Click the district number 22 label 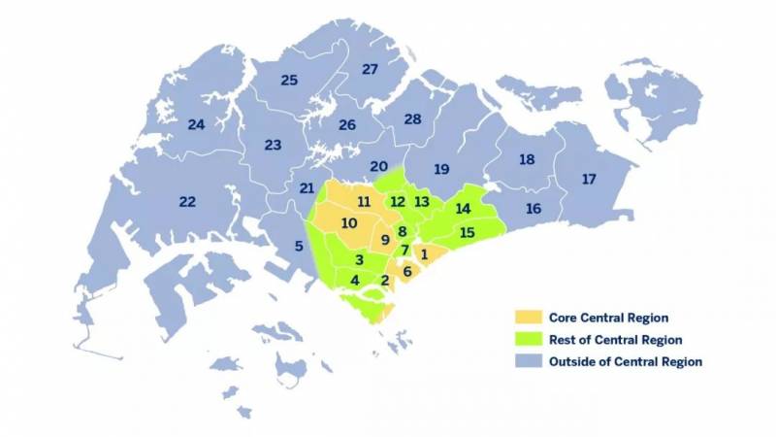point(187,201)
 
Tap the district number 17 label point(589,179)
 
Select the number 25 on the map point(289,80)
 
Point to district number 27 point(370,69)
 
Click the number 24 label point(196,124)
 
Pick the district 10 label point(349,223)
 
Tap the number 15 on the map point(467,232)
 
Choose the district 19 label point(441,169)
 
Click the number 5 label point(298,247)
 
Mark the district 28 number point(412,118)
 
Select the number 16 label point(533,209)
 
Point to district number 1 point(424,253)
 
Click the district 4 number point(355,280)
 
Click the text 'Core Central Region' point(608,318)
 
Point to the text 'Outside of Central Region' point(625,362)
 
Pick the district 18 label point(527,159)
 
